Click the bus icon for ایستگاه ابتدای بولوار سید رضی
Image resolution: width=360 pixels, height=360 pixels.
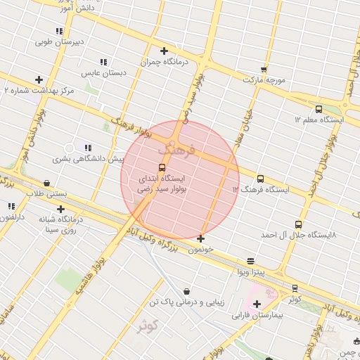[x=162, y=167]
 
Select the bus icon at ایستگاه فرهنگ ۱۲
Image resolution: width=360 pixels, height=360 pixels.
[x=261, y=179]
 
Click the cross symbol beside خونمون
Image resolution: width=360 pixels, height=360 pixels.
[x=201, y=238]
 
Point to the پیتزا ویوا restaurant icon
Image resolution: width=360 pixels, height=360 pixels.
[x=251, y=261]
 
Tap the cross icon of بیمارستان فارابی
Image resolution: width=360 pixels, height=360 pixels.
[x=256, y=304]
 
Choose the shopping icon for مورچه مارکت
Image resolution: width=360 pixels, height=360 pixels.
[x=264, y=69]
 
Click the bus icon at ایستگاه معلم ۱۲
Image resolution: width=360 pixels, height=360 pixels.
[x=319, y=109]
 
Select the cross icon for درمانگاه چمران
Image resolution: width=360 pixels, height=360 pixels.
[x=164, y=51]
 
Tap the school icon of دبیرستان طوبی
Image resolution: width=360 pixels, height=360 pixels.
[x=59, y=31]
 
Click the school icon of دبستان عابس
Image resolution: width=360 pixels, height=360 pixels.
[x=103, y=62]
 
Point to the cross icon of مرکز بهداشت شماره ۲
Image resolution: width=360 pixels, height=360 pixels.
[x=39, y=79]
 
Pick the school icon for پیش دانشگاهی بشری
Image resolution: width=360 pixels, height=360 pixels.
[x=87, y=148]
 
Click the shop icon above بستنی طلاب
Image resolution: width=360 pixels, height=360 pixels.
[x=46, y=182]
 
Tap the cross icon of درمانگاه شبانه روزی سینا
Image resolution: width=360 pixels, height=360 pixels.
[x=60, y=209]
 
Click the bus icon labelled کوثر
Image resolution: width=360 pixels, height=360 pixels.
[x=294, y=288]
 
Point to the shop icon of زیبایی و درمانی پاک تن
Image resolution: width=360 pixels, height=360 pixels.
[x=186, y=290]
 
